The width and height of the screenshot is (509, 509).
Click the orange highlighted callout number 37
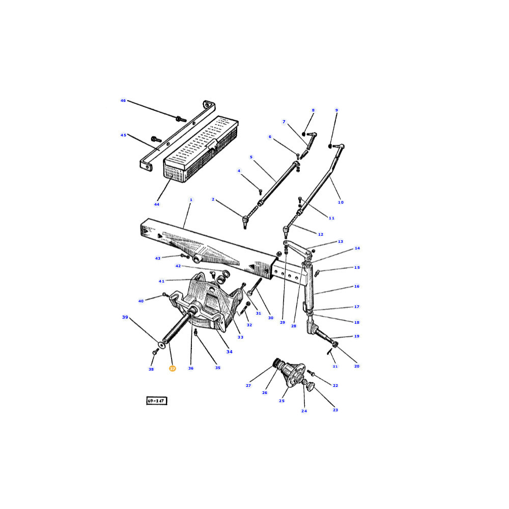tap(173, 369)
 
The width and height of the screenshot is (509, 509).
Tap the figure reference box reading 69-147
tap(156, 401)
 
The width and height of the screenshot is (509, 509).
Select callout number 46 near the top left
tap(123, 101)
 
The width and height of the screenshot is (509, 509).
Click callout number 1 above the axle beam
tap(191, 200)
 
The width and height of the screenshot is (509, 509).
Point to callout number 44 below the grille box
tap(157, 204)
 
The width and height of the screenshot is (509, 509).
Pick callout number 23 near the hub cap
tap(335, 410)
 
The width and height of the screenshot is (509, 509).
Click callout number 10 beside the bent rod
tap(341, 202)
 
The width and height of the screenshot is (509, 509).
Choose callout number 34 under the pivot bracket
tap(230, 352)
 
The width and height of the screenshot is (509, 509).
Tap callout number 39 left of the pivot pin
tap(125, 317)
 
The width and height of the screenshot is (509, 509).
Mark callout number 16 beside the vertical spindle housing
tap(357, 286)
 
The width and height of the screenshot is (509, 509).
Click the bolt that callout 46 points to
tap(181, 119)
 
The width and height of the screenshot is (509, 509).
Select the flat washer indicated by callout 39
tap(161, 344)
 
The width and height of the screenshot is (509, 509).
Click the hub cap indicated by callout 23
tap(310, 387)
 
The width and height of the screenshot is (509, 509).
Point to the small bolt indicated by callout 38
tap(155, 352)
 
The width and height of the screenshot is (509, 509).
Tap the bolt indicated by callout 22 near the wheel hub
tap(310, 373)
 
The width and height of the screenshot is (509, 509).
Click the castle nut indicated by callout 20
tap(335, 344)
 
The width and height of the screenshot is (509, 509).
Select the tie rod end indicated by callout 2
tap(245, 221)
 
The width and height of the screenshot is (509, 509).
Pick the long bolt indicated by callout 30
tap(254, 287)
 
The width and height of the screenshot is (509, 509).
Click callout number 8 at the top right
tap(313, 110)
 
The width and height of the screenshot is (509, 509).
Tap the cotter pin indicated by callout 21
tap(329, 352)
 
